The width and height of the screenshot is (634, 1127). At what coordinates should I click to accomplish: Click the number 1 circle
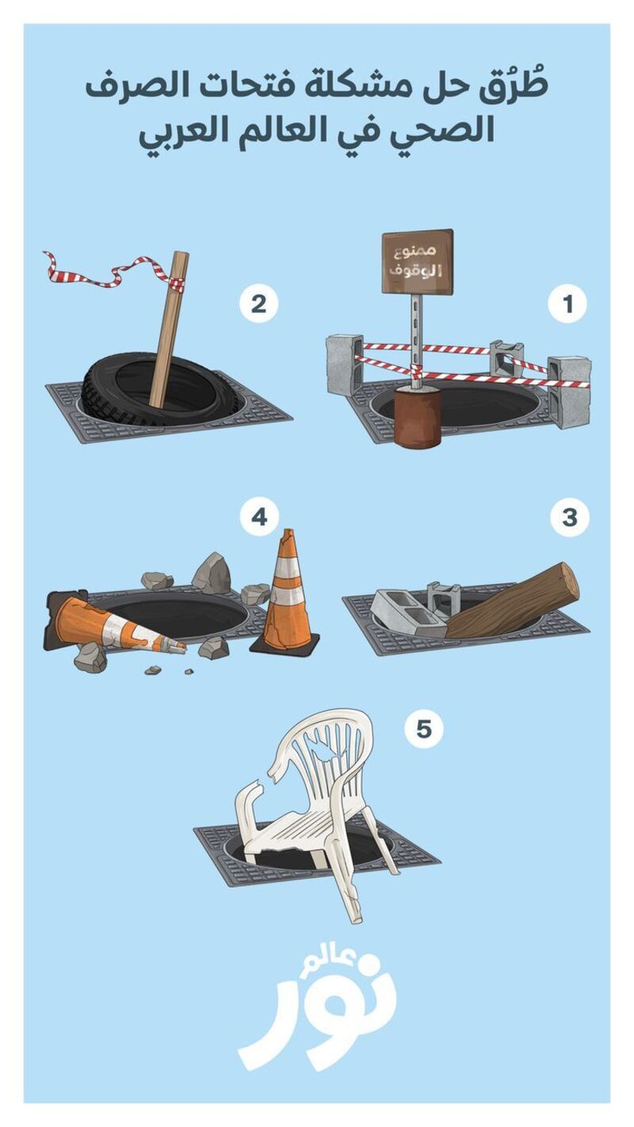coord(568,304)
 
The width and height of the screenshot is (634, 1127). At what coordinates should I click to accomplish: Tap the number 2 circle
coord(258,304)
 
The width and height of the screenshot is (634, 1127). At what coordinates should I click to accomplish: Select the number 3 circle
coord(569,518)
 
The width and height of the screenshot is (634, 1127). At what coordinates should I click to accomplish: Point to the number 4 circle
coord(259,517)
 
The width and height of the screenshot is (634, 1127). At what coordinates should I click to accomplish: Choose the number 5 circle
coord(424,728)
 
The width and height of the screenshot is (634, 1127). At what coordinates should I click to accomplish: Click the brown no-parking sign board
coord(417,261)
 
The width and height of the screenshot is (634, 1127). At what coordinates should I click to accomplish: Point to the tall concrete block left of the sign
coord(344,365)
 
